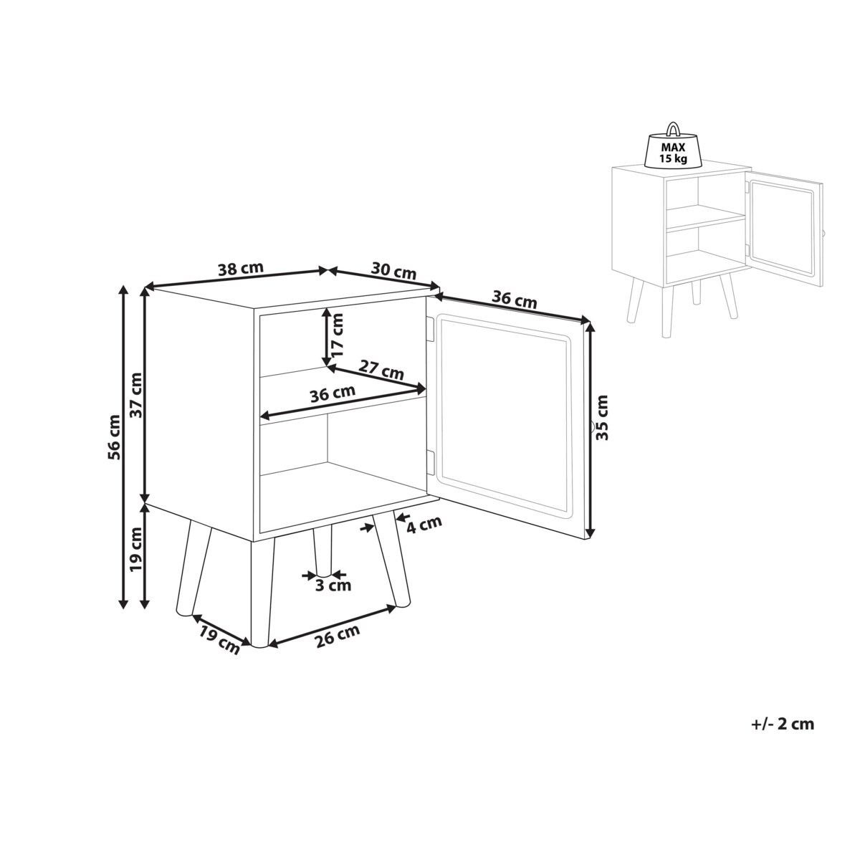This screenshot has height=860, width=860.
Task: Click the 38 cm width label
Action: pos(241,269)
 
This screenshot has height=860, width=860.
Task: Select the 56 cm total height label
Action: pos(114,437)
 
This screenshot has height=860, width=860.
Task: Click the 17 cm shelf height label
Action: pos(337,334)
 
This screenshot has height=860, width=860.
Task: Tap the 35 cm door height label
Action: pos(602,417)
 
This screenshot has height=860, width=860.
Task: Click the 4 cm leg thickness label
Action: pos(424,524)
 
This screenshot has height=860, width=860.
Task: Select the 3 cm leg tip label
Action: pos(333,585)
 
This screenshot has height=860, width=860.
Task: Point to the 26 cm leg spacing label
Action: pos(338,636)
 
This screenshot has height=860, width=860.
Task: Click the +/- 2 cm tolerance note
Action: pos(783,723)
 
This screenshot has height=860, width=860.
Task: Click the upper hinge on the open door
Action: pos(431,329)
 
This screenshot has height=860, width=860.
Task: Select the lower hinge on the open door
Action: pos(431,462)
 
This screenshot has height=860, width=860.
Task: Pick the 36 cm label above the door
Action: pos(515,299)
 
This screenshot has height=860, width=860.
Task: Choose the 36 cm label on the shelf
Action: pos(333,393)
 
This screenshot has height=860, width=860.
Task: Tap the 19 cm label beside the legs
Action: pos(136,550)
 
